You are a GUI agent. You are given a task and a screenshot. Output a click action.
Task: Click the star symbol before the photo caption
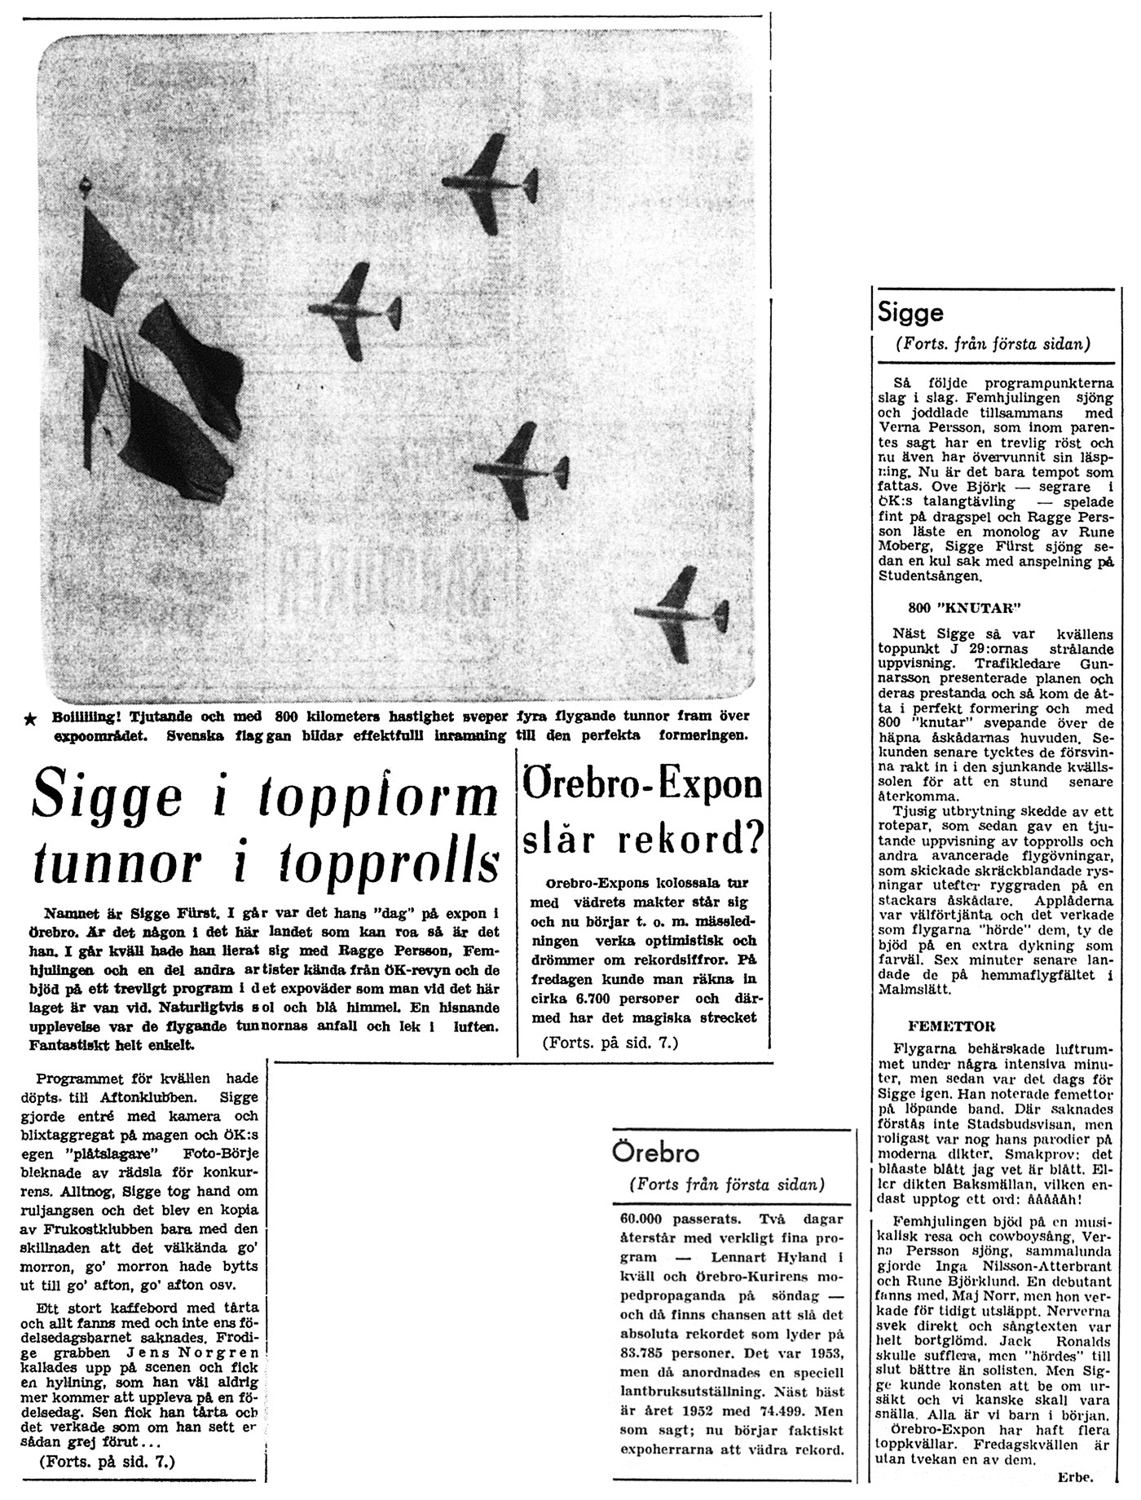(31, 718)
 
